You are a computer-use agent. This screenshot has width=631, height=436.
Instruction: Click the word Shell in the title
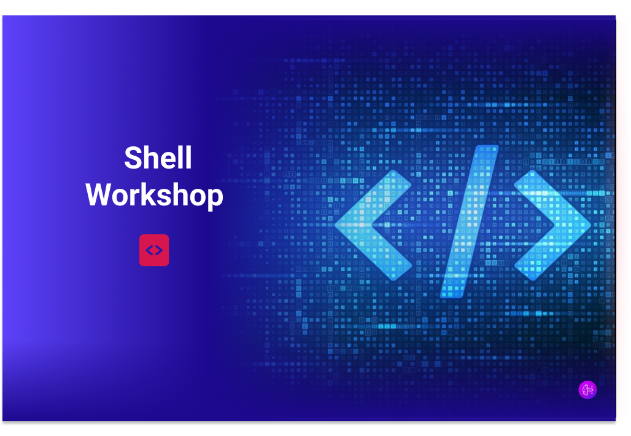click(158, 158)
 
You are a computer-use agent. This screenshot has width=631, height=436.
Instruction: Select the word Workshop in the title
click(154, 196)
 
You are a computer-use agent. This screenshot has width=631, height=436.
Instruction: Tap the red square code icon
click(154, 250)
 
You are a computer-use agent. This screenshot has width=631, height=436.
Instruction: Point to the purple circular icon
click(587, 389)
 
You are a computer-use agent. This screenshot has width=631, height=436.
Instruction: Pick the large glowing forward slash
click(470, 221)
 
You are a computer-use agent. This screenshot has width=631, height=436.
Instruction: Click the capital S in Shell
click(133, 158)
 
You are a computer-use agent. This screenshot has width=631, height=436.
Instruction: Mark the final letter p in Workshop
click(215, 198)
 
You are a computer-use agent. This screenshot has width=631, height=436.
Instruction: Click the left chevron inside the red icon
click(149, 250)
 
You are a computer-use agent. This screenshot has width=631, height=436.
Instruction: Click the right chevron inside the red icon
click(159, 250)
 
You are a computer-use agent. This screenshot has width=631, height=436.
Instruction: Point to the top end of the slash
click(487, 150)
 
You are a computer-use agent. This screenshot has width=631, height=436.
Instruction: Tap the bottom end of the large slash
click(452, 293)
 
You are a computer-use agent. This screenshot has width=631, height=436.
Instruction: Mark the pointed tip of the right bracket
click(587, 225)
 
